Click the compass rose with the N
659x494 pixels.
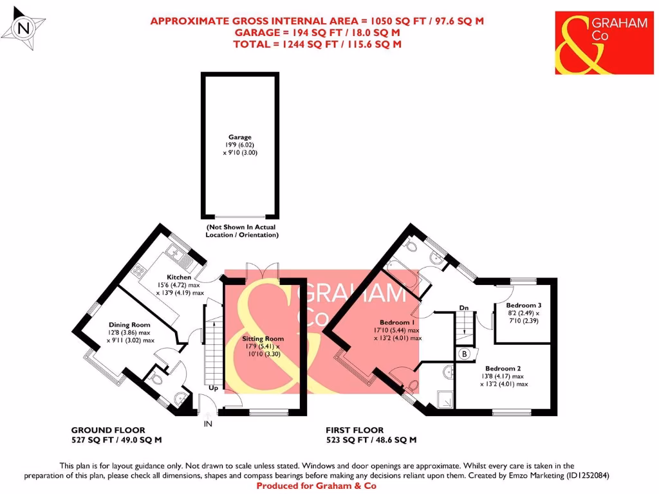point(24,28)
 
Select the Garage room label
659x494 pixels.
point(239,137)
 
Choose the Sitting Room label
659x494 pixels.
point(263,338)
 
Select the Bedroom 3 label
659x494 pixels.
point(523,305)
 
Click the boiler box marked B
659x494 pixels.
point(465,354)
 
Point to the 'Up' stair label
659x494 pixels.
point(213,389)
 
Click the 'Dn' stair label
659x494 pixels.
point(463,308)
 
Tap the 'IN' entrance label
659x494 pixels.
point(208,424)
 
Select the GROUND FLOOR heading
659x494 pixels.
point(107,430)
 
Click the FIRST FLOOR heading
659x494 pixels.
point(355,430)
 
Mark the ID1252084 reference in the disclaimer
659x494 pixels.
point(584,476)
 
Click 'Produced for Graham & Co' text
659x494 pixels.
point(316,486)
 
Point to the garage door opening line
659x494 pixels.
point(239,217)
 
